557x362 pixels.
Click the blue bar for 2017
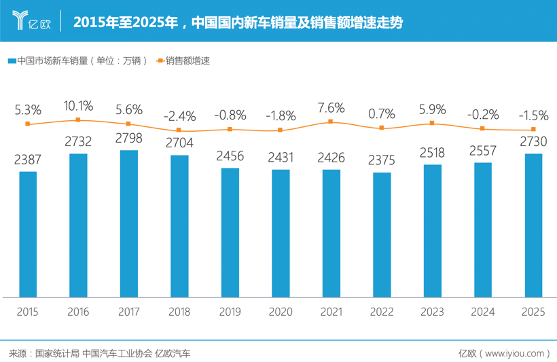pyautogui.click(x=128, y=223)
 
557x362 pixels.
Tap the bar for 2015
pyautogui.click(x=28, y=234)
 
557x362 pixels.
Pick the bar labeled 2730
pyautogui.click(x=533, y=225)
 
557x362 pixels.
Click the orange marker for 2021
pyautogui.click(x=331, y=122)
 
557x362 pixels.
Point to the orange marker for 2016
pyautogui.click(x=78, y=120)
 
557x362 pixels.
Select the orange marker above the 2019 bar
pyautogui.click(x=230, y=129)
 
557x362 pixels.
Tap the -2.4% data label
pyautogui.click(x=179, y=115)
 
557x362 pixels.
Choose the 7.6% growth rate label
pyautogui.click(x=331, y=107)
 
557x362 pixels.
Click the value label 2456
pyautogui.click(x=230, y=156)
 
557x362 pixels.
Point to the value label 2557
pyautogui.click(x=483, y=151)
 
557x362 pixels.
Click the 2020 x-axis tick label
pyautogui.click(x=280, y=312)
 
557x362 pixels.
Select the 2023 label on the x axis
pyautogui.click(x=432, y=312)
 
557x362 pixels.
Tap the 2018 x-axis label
pyautogui.click(x=179, y=312)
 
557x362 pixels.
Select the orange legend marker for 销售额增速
pyautogui.click(x=160, y=61)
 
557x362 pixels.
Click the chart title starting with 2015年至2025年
pyautogui.click(x=237, y=22)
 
